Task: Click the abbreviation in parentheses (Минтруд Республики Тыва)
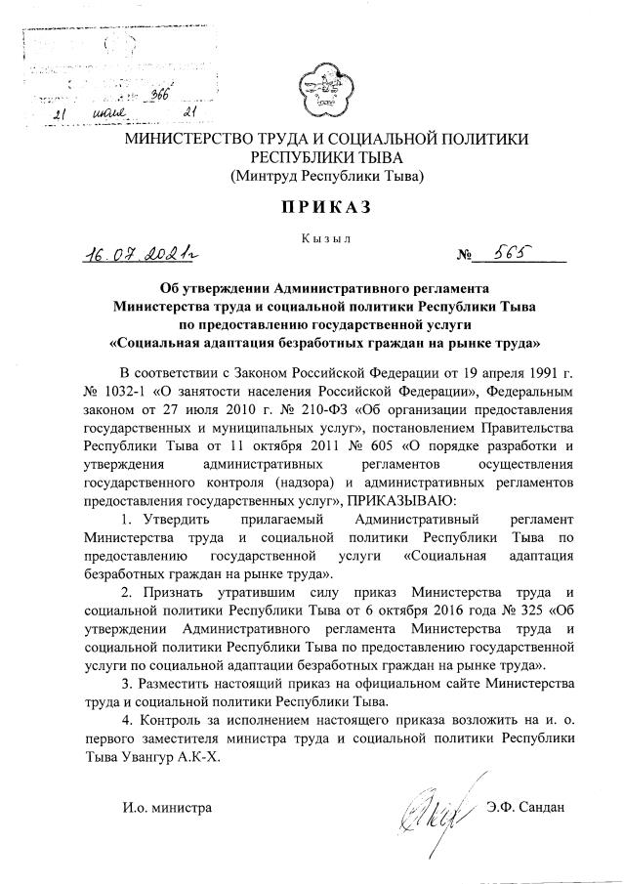tap(326, 177)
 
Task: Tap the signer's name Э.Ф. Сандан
tap(524, 809)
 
